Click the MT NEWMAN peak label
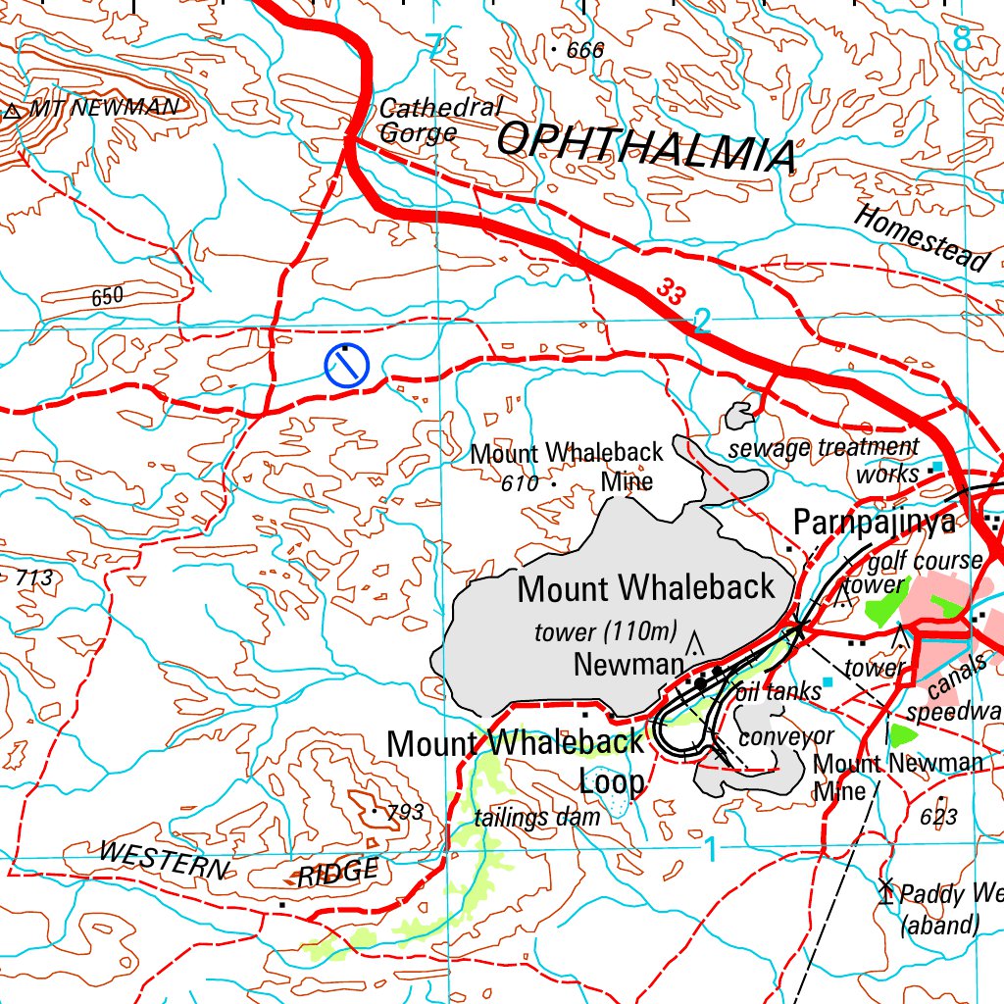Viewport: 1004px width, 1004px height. [104, 108]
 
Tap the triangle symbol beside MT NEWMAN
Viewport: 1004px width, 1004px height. [13, 112]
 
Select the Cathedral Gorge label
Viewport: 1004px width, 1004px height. [438, 121]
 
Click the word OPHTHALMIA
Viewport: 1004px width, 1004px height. [645, 147]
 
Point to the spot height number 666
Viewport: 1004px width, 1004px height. [585, 50]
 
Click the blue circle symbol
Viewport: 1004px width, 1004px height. [345, 366]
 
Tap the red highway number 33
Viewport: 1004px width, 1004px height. [671, 290]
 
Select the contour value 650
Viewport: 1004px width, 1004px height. [108, 296]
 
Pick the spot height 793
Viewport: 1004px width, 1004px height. [405, 812]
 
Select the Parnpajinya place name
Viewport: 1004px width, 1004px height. [874, 523]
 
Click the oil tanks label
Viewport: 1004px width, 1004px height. [778, 691]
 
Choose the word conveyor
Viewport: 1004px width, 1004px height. [785, 735]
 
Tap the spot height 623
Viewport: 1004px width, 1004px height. [939, 816]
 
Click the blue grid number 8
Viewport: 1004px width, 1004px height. [962, 39]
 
